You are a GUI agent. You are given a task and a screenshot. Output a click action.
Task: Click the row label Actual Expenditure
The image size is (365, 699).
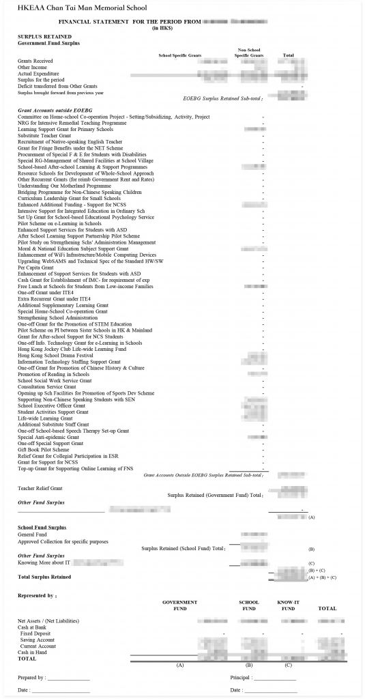point(38,74)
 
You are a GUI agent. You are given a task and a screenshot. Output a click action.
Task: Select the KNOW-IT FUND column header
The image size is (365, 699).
point(288,605)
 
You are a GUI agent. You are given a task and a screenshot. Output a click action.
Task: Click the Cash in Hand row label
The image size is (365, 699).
point(33,652)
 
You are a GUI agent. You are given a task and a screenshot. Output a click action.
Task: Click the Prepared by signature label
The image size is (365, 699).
point(31,678)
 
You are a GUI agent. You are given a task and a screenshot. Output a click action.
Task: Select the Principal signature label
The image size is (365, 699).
point(244,678)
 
